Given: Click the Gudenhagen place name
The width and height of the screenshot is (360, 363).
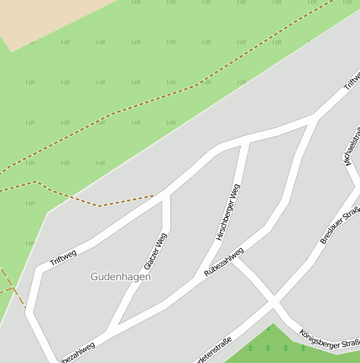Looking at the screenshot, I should (121, 276).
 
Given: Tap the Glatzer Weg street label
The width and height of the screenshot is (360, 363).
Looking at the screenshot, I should (156, 249).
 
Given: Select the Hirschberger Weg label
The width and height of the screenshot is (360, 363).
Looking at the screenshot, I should (227, 214).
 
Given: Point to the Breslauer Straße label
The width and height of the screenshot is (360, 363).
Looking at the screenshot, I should (340, 225).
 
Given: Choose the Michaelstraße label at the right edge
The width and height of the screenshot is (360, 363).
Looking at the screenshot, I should (352, 147).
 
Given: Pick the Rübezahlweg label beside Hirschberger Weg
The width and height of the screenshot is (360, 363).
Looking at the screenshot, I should (224, 262).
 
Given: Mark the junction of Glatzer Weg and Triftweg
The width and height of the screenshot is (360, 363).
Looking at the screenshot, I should (166, 194).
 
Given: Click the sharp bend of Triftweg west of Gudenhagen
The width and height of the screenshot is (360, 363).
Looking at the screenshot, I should (37, 271).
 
